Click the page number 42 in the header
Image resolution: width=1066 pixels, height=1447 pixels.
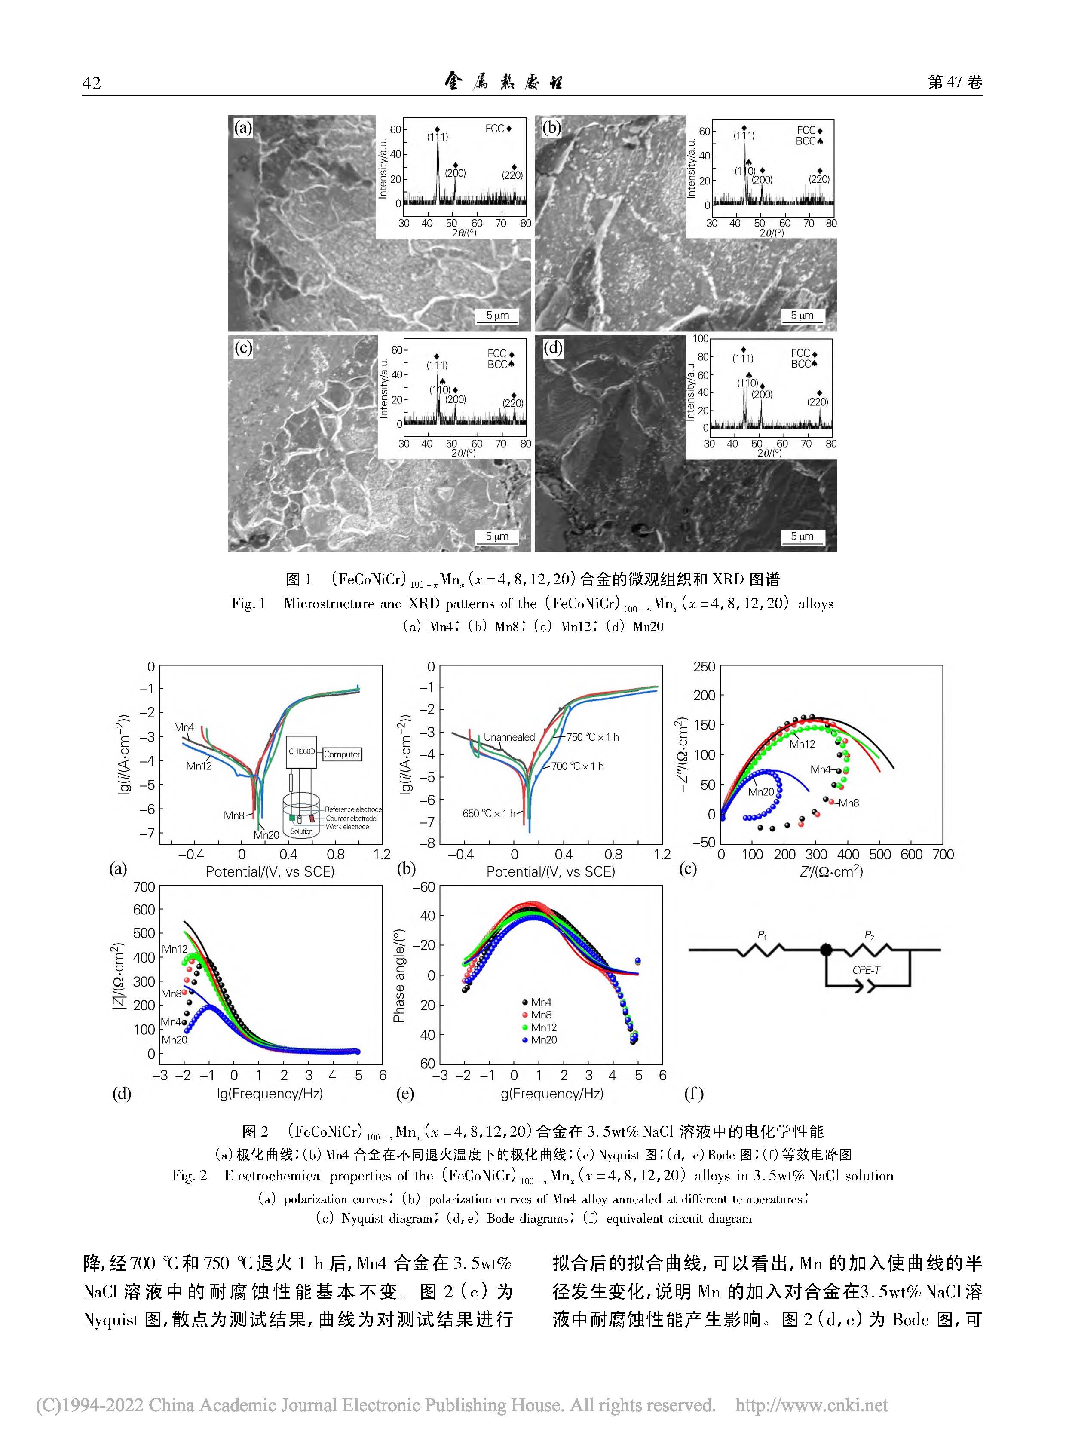point(92,83)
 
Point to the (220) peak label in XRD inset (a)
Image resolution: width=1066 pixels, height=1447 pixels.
point(512,175)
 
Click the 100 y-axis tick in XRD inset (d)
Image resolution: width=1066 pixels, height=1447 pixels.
point(700,339)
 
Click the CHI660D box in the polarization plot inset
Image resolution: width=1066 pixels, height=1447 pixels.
point(301,751)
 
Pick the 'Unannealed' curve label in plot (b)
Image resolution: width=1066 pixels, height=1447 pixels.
point(509,737)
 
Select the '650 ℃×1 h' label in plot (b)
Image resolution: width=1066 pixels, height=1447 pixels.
point(488,814)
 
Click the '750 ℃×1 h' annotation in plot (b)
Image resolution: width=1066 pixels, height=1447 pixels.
point(592,737)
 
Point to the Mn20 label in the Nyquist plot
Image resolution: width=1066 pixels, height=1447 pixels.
point(761,792)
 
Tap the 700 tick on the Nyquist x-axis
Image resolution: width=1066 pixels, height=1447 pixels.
point(942,855)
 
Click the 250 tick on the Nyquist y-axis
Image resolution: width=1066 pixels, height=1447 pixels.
point(704,667)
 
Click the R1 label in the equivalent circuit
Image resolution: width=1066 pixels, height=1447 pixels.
point(761,935)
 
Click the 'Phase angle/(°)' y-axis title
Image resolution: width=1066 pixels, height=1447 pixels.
point(399,975)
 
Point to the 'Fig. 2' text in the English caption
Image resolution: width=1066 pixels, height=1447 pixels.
point(189,1176)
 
